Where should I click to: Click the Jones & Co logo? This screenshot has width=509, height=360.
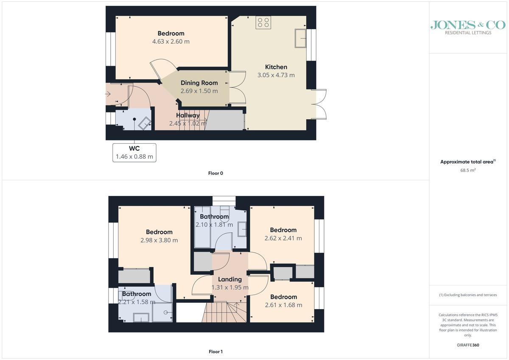pos(468,28)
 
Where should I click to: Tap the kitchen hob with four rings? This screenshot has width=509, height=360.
pos(263,22)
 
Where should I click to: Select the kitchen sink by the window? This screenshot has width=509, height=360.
pos(300,38)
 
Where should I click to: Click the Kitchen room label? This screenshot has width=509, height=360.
pos(276,67)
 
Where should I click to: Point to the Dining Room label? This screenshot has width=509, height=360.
pos(199,83)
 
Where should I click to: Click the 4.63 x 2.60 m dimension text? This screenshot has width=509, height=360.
pos(171,42)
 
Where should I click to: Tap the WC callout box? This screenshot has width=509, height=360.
pos(134,153)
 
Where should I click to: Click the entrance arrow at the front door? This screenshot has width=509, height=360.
pos(108,94)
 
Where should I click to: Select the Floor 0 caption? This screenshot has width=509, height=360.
pos(215,173)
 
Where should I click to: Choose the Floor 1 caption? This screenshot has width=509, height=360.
pos(215,352)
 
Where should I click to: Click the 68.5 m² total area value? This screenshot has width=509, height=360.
pos(468,170)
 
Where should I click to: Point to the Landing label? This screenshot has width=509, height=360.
pos(230,279)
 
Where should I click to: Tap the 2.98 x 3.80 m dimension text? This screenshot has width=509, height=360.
pos(159,240)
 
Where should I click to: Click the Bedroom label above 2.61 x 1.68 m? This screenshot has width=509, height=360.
pos(284,297)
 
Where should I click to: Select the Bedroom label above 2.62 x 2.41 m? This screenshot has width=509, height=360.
pos(283,230)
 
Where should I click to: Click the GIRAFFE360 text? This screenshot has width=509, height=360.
pos(468,345)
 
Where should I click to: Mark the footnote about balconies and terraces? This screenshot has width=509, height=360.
pos(468,295)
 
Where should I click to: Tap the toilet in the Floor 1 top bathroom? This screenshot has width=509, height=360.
pos(224,214)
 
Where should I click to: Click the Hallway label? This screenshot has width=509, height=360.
pos(187,115)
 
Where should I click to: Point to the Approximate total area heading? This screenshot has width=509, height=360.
pos(468,162)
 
